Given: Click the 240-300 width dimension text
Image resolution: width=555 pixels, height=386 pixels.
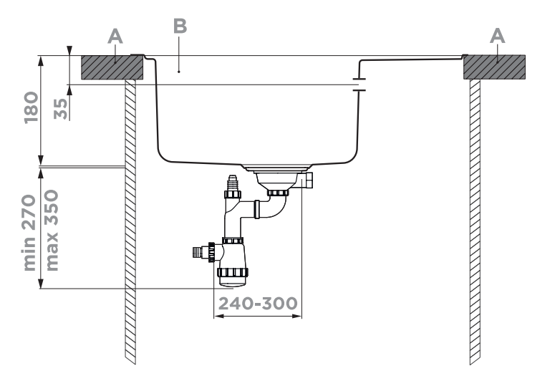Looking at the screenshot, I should (257, 304).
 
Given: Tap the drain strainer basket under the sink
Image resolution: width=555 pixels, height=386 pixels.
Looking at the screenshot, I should (276, 177).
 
